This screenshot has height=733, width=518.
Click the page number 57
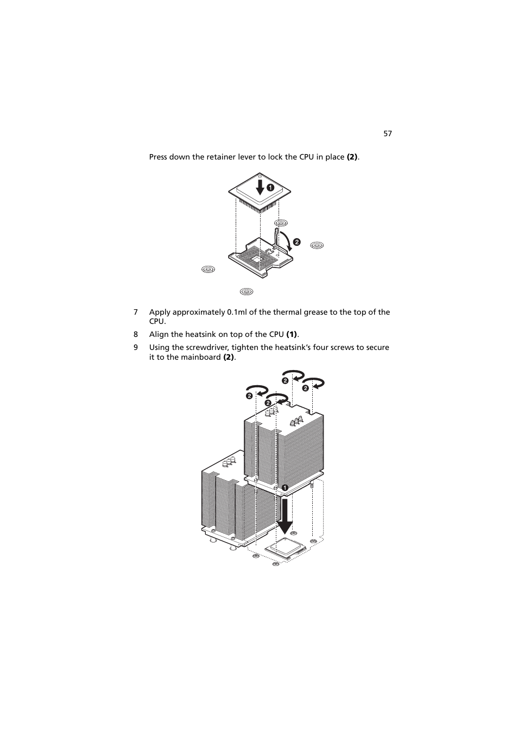coord(387,133)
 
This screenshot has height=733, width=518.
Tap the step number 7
coord(136,312)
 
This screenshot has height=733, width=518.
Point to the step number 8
coord(136,334)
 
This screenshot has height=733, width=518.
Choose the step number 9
coord(136,347)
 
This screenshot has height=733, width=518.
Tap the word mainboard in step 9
coord(203,357)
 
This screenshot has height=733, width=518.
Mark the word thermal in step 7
coord(287,312)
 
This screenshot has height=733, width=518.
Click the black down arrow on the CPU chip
coord(261,187)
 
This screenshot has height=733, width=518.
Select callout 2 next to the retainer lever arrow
coord(297,242)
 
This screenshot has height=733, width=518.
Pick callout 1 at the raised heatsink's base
coord(283,487)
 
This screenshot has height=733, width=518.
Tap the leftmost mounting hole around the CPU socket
coord(207,269)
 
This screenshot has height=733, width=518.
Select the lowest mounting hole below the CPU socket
coord(246,291)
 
